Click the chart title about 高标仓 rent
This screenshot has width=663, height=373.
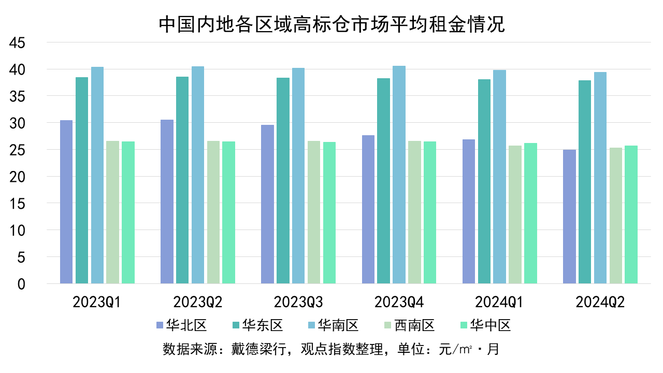click(331, 24)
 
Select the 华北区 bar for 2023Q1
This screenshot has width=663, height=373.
click(66, 202)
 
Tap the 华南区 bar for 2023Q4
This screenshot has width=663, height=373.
click(399, 175)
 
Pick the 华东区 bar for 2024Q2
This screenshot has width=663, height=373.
click(585, 182)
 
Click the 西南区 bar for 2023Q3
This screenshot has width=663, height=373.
click(314, 212)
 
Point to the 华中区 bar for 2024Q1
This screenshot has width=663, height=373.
click(530, 213)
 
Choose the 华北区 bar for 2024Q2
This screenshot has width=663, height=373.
click(569, 217)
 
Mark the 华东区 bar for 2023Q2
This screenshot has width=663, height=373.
click(182, 180)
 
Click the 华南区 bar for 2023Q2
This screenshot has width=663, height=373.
click(198, 175)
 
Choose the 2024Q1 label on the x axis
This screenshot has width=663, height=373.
click(499, 302)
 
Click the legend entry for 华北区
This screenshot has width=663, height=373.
click(182, 325)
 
